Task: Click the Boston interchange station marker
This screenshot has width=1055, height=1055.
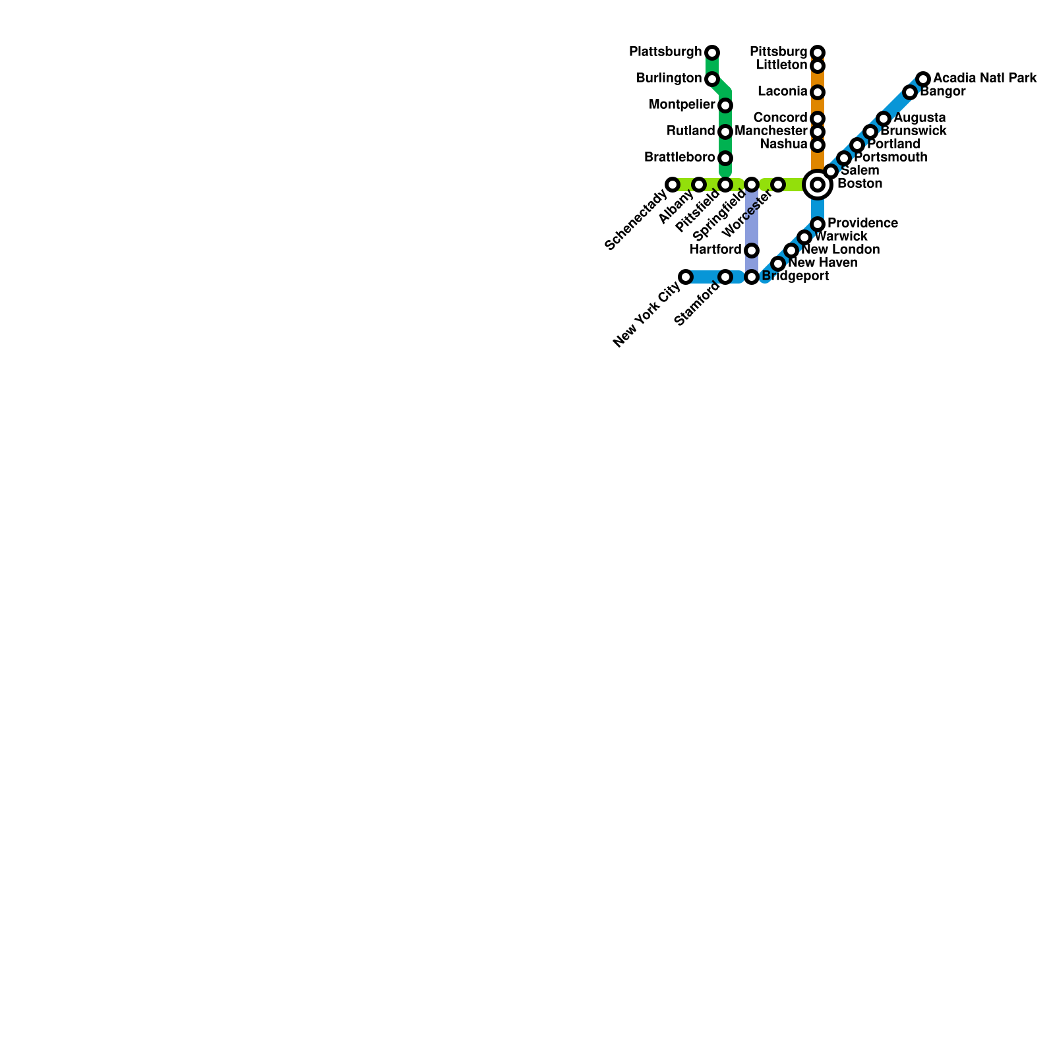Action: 818,185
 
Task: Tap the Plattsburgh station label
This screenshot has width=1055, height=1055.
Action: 665,51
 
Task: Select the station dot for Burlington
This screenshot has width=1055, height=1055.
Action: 712,79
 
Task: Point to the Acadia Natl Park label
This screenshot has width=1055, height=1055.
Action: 985,78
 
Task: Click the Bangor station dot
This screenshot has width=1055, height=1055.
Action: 910,92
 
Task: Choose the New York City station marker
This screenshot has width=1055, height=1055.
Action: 686,277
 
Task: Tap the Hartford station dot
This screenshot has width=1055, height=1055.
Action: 752,251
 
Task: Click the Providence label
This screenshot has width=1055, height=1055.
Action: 862,224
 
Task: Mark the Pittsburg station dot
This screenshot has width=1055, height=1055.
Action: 818,52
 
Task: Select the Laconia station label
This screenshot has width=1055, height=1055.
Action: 783,91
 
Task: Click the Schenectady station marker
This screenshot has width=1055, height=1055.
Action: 673,185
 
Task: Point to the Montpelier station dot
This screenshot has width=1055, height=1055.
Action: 725,105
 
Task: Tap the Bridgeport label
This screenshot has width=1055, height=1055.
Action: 795,276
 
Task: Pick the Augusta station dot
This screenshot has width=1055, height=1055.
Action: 884,119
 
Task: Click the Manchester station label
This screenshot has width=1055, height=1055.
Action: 771,131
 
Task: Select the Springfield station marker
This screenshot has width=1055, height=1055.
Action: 752,185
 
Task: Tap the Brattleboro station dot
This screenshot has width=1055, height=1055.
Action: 725,158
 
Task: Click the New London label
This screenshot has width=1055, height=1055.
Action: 840,250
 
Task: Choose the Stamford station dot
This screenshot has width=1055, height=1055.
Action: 725,277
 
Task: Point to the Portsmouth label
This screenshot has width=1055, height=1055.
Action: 891,158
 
